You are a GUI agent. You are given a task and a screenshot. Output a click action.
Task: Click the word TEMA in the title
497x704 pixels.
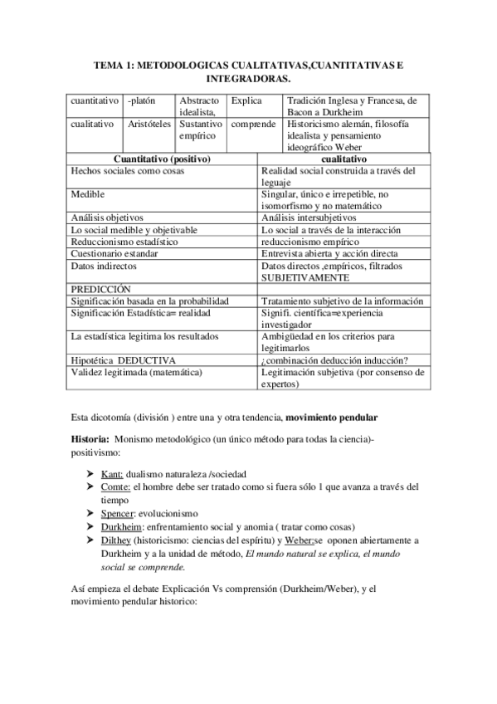(x=109, y=64)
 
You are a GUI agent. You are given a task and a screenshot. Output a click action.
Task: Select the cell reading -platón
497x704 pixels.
(x=143, y=100)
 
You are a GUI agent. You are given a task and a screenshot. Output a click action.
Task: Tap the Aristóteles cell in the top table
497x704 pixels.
(x=149, y=124)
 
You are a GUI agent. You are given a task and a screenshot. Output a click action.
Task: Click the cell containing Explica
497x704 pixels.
(x=246, y=100)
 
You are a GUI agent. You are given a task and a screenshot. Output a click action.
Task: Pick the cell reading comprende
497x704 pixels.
(x=253, y=124)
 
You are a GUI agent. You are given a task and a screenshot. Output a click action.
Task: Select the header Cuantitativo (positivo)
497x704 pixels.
(x=161, y=159)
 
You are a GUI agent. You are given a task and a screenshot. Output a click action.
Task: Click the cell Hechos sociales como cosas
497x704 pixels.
(x=128, y=170)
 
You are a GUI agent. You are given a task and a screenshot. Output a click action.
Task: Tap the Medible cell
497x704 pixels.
(x=87, y=193)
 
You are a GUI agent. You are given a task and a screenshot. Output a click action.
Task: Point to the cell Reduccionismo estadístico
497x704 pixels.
(x=124, y=241)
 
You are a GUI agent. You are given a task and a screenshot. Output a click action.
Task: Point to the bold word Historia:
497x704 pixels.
(x=90, y=438)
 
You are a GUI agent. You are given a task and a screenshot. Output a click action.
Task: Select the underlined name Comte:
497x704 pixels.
(x=115, y=486)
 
